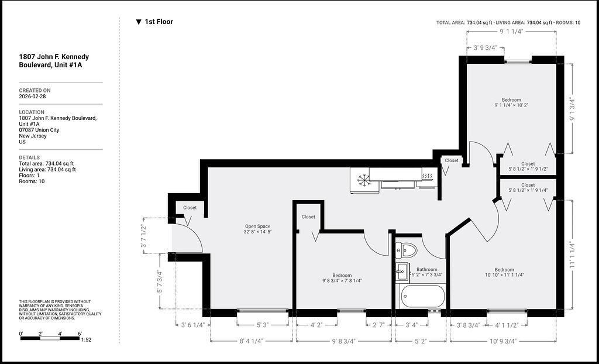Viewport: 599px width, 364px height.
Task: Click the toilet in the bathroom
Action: (407, 250)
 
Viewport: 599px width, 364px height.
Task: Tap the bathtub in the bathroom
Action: (423, 296)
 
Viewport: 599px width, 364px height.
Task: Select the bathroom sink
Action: (402, 272)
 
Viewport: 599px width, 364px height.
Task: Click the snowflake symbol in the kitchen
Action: (364, 180)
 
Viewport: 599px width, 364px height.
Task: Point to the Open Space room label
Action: (257, 226)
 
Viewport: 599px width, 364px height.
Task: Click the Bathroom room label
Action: (426, 270)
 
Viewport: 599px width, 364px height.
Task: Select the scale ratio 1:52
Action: (86, 339)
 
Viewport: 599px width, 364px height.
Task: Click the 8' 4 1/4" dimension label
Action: (252, 341)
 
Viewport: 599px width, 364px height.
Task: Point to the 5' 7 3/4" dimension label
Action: (159, 282)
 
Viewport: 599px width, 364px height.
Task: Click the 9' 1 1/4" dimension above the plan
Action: (511, 32)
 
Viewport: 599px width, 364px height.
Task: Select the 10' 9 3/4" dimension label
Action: (502, 341)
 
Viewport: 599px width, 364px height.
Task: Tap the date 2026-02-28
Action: (33, 97)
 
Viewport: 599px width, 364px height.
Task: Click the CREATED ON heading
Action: (35, 91)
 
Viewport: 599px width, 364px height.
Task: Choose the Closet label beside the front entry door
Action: (190, 208)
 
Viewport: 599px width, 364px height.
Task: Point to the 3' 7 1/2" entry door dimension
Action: (144, 236)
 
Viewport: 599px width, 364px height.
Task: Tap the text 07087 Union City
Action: (39, 130)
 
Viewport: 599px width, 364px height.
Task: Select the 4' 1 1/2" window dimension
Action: (507, 325)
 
